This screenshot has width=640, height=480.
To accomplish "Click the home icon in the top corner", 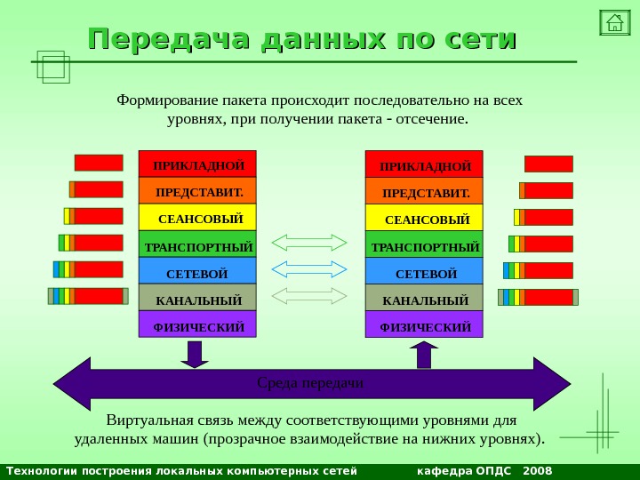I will (613, 22).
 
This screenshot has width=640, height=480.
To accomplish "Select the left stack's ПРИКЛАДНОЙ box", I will (197, 164).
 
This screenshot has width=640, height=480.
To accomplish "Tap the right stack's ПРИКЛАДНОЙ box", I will (424, 165).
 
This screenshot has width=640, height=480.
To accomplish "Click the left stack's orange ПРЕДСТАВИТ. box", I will (197, 191).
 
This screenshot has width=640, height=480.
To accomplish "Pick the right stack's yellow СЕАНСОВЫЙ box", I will (424, 218).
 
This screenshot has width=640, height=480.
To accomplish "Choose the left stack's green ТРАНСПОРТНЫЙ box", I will (197, 244).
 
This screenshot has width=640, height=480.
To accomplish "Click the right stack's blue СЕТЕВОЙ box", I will (424, 272).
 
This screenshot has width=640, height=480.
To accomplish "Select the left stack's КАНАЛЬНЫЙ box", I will (197, 299).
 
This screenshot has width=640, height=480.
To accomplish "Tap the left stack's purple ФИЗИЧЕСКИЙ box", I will (197, 325).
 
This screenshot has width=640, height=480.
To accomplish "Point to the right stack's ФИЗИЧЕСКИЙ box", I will (424, 326).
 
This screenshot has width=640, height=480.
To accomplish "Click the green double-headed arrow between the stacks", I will (309, 242).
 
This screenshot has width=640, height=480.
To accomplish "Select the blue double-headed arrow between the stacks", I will (309, 268).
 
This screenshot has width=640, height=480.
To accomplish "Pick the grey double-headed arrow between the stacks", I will (309, 295).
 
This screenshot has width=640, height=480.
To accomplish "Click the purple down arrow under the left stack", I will (195, 354).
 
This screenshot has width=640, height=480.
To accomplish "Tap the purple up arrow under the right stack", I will (424, 355).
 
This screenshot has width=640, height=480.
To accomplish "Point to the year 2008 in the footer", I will (538, 470).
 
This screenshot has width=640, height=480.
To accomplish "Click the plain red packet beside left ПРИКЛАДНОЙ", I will (99, 163).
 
